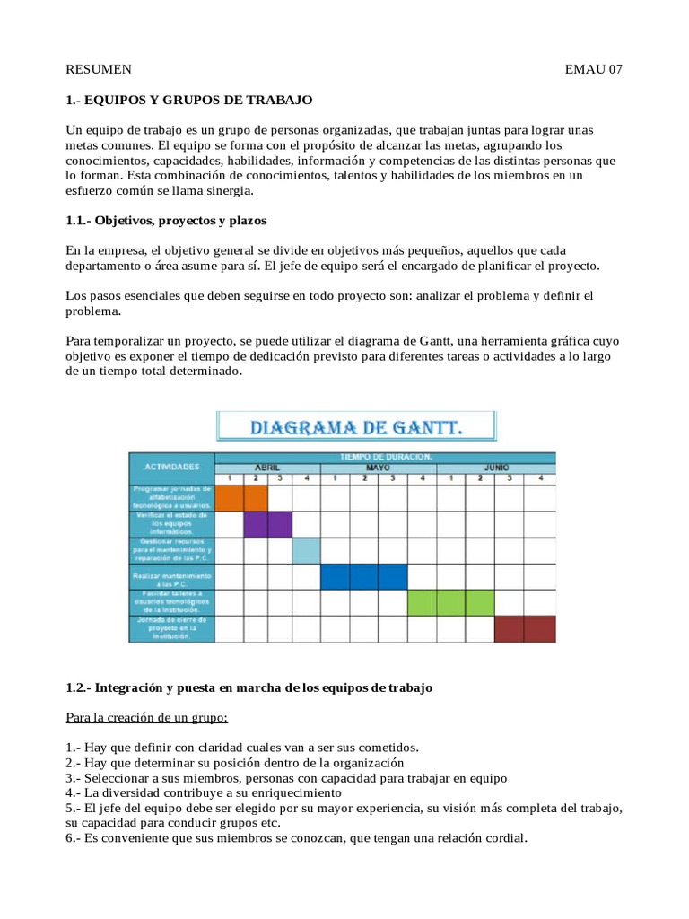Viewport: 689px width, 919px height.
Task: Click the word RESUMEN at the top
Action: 100,69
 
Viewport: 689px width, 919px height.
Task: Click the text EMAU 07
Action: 593,69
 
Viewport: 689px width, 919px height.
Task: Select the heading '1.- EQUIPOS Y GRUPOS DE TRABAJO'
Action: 189,100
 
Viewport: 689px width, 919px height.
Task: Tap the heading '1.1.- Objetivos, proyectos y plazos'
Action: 166,220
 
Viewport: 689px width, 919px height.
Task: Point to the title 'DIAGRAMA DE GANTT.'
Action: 355,428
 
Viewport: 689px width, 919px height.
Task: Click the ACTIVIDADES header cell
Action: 170,468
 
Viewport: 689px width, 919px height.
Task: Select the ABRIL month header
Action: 267,468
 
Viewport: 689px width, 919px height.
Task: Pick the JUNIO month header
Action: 496,468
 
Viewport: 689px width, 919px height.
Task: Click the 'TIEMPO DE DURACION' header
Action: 386,457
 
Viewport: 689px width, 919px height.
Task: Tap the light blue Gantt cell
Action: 306,550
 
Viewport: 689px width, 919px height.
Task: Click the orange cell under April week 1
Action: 230,497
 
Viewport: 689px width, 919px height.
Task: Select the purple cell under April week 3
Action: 279,523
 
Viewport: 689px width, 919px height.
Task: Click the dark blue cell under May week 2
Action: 363,576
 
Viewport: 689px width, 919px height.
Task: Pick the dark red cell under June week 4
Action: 540,629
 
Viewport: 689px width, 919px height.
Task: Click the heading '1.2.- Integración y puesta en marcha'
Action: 249,688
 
